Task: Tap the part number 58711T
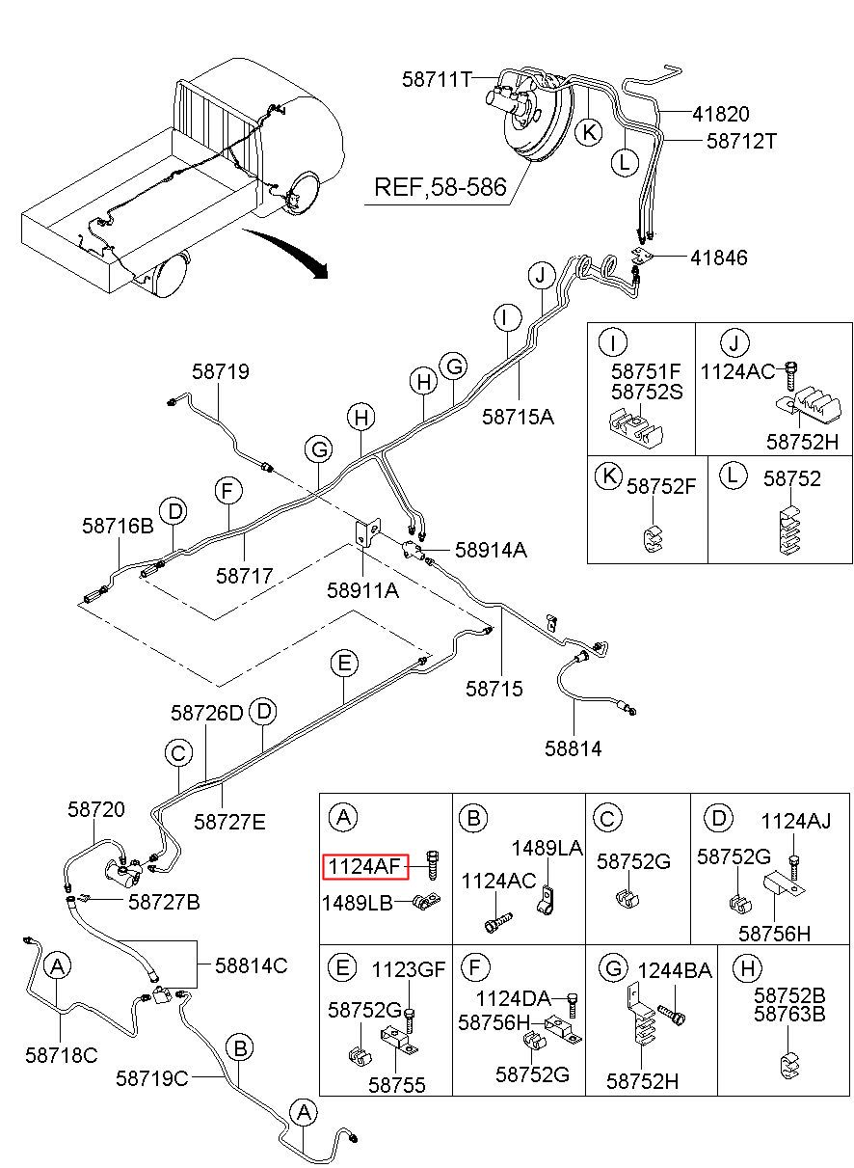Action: point(437,80)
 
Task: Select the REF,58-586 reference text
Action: point(440,187)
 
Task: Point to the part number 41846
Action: point(718,258)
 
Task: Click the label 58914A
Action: point(491,550)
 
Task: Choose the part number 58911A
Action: point(362,590)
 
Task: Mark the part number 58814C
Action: point(252,965)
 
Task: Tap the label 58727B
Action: point(164,902)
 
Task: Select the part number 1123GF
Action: point(409,969)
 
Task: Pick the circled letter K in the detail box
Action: point(608,476)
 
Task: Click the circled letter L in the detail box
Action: point(733,475)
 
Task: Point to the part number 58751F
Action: point(646,371)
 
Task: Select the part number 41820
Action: point(721,114)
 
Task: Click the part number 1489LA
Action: point(547,849)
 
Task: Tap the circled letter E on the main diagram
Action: point(344,664)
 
